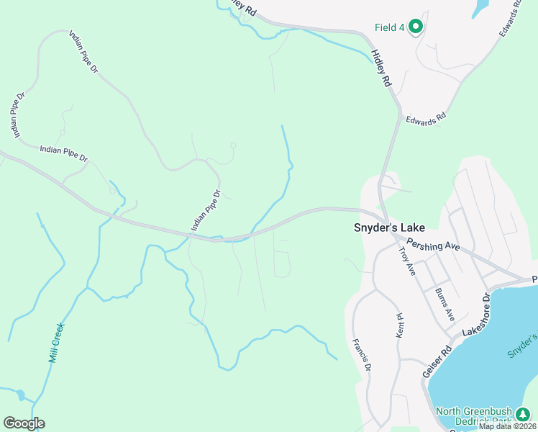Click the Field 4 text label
pos(389,27)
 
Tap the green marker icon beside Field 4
pos(415,27)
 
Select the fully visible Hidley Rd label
pos(380,68)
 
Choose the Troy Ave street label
pos(407,261)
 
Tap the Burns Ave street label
pos(444,304)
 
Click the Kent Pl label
pos(400,325)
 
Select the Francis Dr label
pos(361,354)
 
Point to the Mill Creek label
pos(57,343)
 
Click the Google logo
pos(24,423)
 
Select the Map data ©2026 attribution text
pos(507,426)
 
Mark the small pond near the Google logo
pos(19,395)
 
